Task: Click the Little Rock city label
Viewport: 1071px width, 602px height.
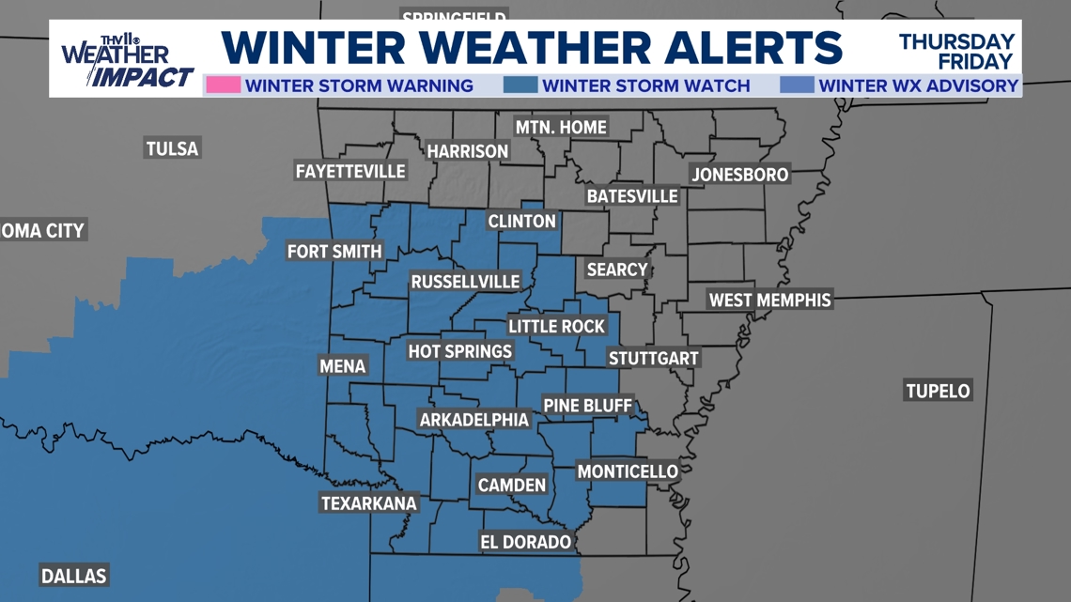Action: coord(557,326)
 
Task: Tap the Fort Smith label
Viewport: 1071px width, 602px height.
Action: coord(334,251)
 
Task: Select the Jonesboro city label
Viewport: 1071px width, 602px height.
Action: coord(740,174)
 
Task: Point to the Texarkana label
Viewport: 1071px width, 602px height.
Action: coord(369,503)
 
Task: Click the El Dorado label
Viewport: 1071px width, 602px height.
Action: coord(525,542)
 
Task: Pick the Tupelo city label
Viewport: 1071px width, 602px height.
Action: coord(938,391)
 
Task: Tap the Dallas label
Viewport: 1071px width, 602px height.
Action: coord(74,576)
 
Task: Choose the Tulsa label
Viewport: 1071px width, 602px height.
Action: coord(172,148)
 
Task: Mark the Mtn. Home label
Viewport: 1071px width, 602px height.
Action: coord(561,127)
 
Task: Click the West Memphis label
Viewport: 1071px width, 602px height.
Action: coord(769,300)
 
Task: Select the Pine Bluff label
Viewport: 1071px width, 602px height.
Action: coord(587,406)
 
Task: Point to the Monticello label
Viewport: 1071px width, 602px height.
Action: coord(628,471)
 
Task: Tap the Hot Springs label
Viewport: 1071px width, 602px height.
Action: coord(460,351)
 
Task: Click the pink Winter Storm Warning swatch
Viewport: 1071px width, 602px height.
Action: coord(224,85)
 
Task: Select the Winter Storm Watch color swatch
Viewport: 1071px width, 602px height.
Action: coord(520,85)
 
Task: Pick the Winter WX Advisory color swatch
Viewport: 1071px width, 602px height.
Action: coord(797,85)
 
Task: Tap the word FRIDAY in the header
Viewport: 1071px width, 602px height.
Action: coord(976,62)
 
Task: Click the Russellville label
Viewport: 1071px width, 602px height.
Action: coord(465,282)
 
